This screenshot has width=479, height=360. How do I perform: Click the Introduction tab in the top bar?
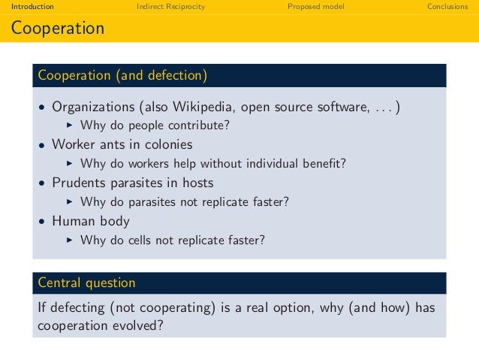[x=27, y=7]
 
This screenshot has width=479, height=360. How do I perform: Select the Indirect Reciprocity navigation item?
[x=170, y=7]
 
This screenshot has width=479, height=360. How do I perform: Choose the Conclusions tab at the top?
[x=447, y=7]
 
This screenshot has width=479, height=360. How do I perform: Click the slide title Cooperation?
[x=57, y=29]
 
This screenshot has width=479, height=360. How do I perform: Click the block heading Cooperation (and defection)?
[x=122, y=75]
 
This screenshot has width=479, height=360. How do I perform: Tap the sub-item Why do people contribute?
[x=155, y=125]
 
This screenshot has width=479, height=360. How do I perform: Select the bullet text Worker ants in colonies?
[x=122, y=144]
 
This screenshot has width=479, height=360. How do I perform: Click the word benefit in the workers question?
[x=326, y=163]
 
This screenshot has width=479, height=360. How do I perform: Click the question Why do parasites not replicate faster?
[x=184, y=202]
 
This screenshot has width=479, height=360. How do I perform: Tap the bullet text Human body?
[x=90, y=221]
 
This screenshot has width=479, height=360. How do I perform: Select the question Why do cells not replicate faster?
[x=172, y=241]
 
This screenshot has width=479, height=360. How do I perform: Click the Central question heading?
[x=86, y=283]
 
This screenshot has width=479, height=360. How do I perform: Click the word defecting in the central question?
[x=76, y=307]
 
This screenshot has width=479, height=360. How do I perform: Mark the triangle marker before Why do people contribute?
[x=69, y=125]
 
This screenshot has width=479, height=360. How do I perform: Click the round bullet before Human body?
[x=43, y=222]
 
